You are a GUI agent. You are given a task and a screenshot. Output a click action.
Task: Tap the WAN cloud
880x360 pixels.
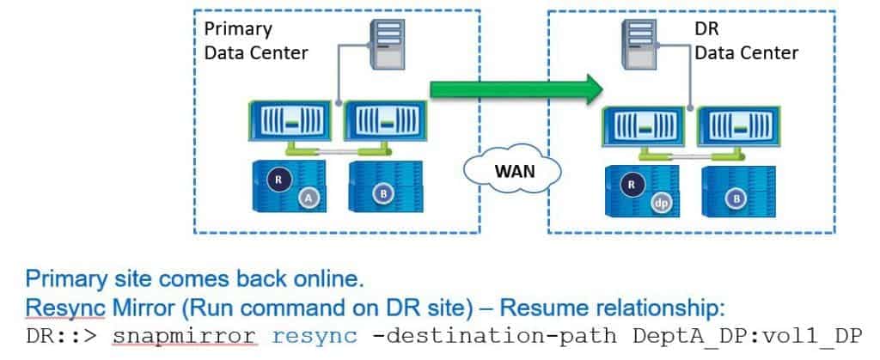pos(514,170)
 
